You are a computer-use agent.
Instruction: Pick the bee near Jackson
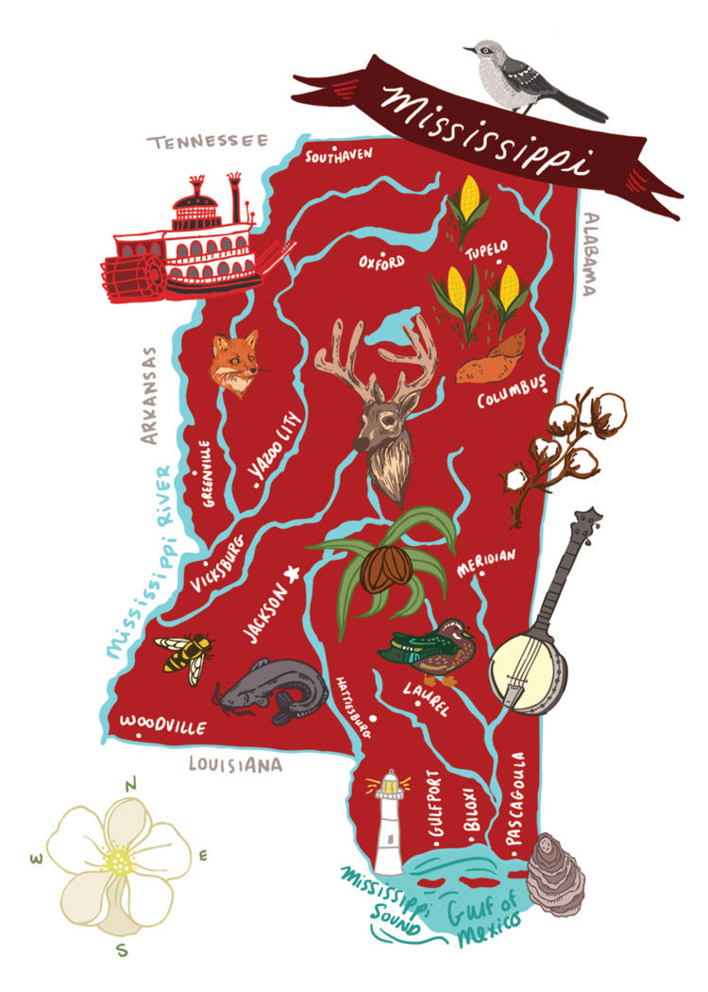pyautogui.click(x=186, y=654)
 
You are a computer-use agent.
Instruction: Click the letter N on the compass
pyautogui.click(x=133, y=781)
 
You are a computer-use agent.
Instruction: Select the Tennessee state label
pyautogui.click(x=207, y=143)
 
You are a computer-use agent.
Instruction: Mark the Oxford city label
pyautogui.click(x=381, y=261)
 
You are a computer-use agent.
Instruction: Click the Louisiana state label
pyautogui.click(x=235, y=764)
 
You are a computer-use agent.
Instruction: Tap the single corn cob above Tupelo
pyautogui.click(x=467, y=203)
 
